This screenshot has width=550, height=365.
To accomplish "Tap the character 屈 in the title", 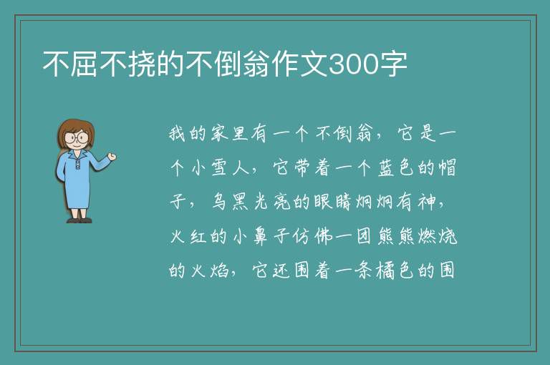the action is point(85,64).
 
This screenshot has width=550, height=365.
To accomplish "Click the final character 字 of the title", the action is point(393,64).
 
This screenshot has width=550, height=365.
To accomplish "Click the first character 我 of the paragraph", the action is point(178,134).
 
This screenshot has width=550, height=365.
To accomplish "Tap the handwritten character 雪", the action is point(219,168).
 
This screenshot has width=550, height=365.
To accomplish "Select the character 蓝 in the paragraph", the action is point(386,168).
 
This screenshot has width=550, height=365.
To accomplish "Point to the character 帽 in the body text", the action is point(448,168).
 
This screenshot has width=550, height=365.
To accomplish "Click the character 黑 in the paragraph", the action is point(240,202).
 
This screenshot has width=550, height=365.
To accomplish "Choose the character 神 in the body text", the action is point(427,202).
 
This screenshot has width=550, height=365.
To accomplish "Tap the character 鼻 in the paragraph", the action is point(260,236).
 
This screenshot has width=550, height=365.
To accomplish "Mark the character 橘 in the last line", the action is point(385,271).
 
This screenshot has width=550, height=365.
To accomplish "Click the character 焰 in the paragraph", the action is point(219,271).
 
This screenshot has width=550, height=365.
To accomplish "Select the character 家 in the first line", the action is point(219,134).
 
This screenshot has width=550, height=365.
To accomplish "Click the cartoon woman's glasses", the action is point(76,137).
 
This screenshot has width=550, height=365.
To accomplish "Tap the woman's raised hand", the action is point(112,157).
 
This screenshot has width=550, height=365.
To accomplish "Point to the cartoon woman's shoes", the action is point(79,220).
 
